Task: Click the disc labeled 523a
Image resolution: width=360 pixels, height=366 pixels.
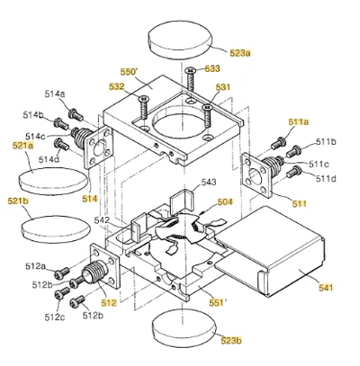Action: (180, 40)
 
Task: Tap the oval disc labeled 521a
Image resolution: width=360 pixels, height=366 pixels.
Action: (54, 181)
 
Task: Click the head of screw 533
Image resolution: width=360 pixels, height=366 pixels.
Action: (190, 70)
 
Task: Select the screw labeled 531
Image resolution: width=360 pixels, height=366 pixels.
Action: (207, 116)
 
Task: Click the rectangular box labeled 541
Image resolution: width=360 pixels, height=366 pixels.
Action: (269, 251)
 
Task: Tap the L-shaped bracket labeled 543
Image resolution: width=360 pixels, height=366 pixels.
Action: (183, 200)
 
